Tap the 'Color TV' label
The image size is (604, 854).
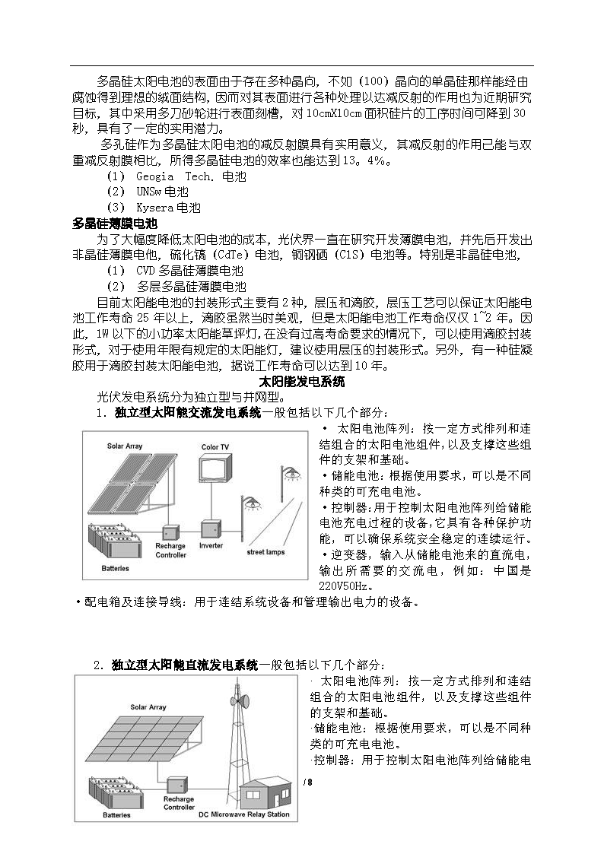215,447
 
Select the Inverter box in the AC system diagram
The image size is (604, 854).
211,529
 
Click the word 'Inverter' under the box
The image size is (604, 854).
211,546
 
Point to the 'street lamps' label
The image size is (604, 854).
265,552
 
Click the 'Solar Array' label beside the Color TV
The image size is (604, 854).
125,446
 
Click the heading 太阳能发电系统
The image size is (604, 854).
302,381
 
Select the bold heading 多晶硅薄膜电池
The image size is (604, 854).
114,224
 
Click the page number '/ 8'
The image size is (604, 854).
307,783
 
